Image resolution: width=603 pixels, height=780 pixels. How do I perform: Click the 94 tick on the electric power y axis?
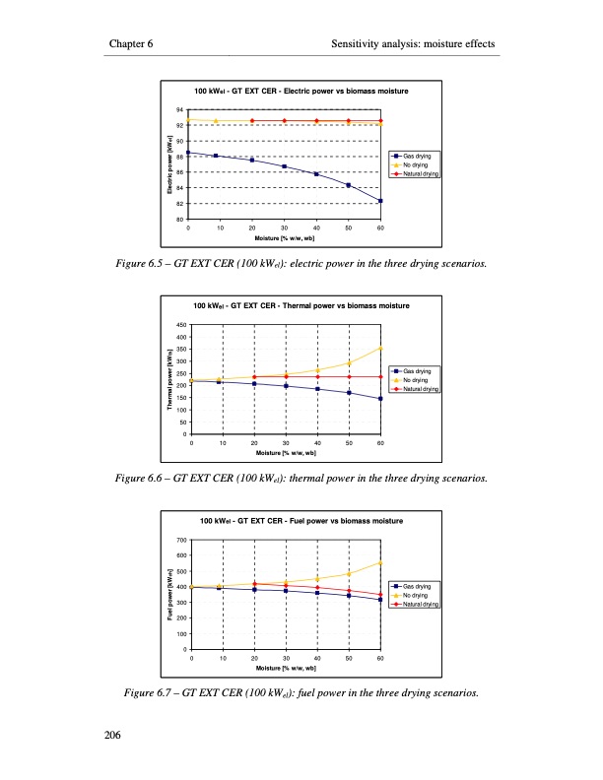[180, 109]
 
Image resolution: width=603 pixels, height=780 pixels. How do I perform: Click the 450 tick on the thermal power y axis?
[179, 325]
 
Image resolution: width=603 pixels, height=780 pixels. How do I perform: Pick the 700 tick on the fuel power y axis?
[179, 540]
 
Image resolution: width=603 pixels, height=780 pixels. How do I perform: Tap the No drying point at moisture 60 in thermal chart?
[380, 348]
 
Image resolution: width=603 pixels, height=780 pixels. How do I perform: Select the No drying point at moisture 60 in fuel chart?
[380, 562]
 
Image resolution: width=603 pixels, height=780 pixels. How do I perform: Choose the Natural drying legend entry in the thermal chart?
[421, 389]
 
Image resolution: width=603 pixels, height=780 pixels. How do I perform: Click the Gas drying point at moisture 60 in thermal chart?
[380, 399]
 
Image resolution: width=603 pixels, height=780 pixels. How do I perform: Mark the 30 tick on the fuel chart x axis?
[286, 656]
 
